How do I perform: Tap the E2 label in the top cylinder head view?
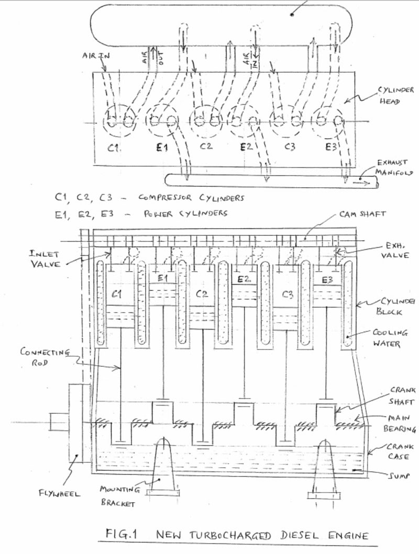pyautogui.click(x=247, y=147)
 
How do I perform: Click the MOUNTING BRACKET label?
pyautogui.click(x=119, y=496)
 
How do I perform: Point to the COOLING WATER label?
pyautogui.click(x=390, y=338)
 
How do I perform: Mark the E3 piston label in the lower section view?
pyautogui.click(x=327, y=280)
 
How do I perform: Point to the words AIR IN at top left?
pyautogui.click(x=94, y=55)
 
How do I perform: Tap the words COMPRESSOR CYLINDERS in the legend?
pyautogui.click(x=191, y=198)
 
